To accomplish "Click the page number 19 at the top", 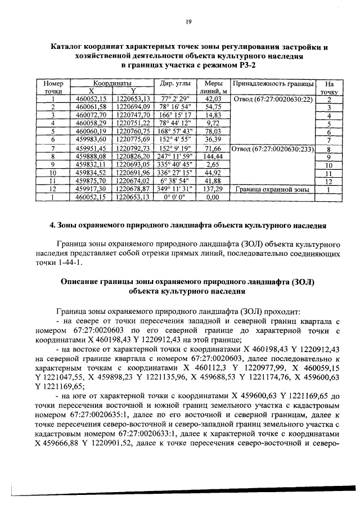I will pyautogui.click(x=189, y=22).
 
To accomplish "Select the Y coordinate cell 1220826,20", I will pyautogui.click(x=134, y=156).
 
